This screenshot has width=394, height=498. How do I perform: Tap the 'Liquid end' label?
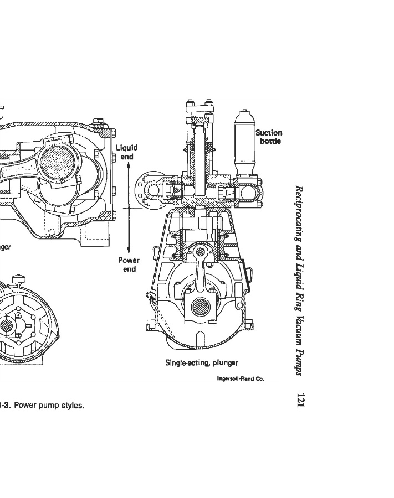(x=126, y=152)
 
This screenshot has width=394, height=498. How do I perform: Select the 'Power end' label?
(x=129, y=264)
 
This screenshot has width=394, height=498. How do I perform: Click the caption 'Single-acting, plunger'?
(x=202, y=363)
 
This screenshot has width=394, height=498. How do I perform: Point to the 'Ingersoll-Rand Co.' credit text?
(x=241, y=379)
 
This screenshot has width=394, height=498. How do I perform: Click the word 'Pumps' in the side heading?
(x=300, y=360)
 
